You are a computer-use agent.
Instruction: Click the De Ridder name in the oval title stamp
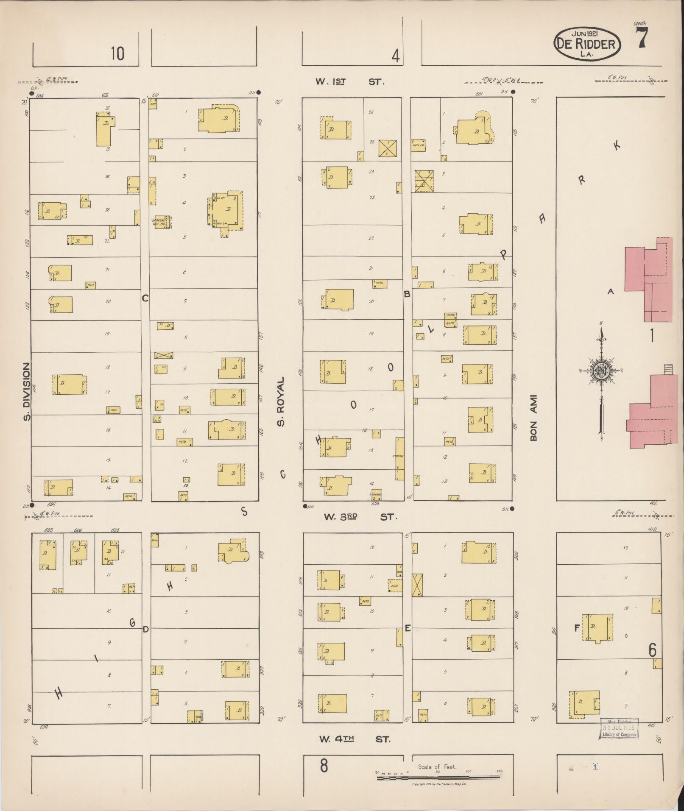[x=587, y=44]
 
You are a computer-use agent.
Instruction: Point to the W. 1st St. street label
[x=350, y=81]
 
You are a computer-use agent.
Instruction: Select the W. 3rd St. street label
[x=360, y=517]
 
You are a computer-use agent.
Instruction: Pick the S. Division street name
[x=27, y=391]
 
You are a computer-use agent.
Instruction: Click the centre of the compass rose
[x=601, y=370]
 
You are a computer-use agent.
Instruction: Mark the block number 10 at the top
[x=118, y=54]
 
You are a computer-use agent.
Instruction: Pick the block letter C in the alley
[x=145, y=298]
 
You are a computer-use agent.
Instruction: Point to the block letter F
[x=577, y=628]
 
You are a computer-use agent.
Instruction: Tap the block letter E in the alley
[x=408, y=628]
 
